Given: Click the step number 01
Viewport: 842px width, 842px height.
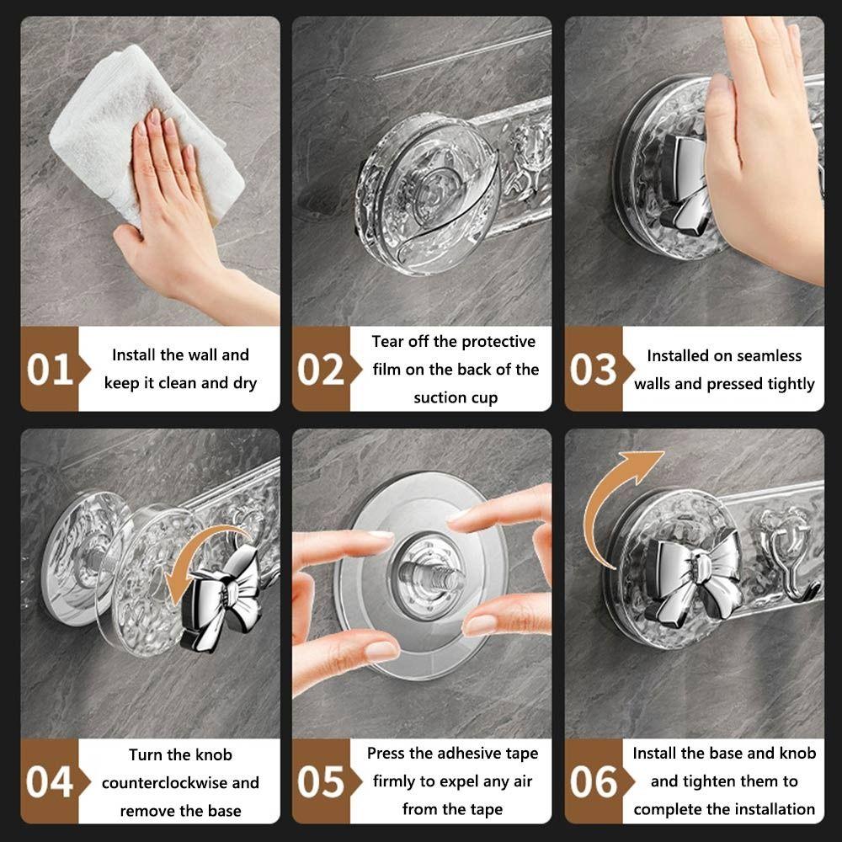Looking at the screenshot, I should pyautogui.click(x=50, y=370).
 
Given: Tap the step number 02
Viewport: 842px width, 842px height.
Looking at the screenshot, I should pyautogui.click(x=321, y=370).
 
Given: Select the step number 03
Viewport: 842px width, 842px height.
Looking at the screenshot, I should pyautogui.click(x=594, y=370).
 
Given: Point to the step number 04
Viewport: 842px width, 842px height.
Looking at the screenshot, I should pyautogui.click(x=50, y=782).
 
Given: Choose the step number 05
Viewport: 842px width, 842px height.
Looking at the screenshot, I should pyautogui.click(x=321, y=782).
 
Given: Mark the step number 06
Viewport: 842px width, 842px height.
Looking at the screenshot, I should pyautogui.click(x=594, y=782).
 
